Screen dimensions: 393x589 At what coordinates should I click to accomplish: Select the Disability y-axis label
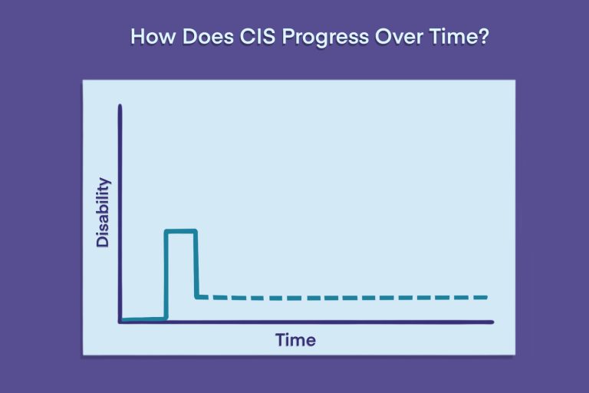pyautogui.click(x=103, y=213)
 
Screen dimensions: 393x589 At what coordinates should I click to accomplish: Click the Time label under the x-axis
pyautogui.click(x=295, y=339)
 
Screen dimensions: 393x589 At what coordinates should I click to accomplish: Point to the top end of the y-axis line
pyautogui.click(x=120, y=105)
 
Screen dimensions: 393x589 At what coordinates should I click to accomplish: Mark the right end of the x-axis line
pyautogui.click(x=492, y=322)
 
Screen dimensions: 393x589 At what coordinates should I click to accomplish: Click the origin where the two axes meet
pyautogui.click(x=120, y=322)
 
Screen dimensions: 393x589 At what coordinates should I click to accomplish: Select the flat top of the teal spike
pyautogui.click(x=180, y=230)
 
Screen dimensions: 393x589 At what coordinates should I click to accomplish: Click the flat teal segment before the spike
pyautogui.click(x=143, y=319)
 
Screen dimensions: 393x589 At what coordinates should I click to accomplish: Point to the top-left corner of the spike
pyautogui.click(x=166, y=230)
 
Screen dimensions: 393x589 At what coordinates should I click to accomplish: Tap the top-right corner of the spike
pyautogui.click(x=196, y=230)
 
